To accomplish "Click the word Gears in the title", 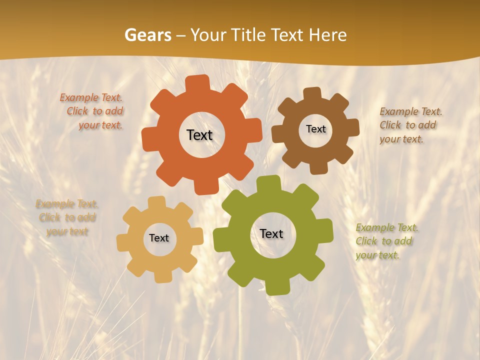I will click(x=147, y=35).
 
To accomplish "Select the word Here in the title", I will click(x=327, y=35).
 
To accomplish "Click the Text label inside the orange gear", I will click(x=199, y=135).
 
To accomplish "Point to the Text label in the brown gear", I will click(x=315, y=129).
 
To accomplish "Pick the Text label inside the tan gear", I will click(x=159, y=238).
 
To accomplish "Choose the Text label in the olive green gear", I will click(x=271, y=233).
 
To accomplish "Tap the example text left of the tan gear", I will click(x=67, y=217).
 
